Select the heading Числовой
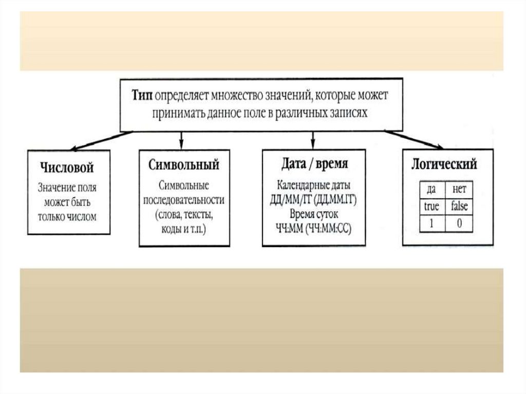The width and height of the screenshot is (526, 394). (68, 168)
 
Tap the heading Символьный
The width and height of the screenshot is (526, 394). (183, 165)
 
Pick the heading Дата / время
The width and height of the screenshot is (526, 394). (314, 164)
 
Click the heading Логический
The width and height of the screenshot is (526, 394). (445, 164)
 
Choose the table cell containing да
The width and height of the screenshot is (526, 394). (431, 189)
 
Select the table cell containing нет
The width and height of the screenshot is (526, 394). (459, 189)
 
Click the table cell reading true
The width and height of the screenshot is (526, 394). (431, 207)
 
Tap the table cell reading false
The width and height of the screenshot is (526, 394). (459, 207)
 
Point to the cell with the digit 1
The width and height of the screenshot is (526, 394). (431, 224)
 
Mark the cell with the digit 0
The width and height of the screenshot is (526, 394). (459, 224)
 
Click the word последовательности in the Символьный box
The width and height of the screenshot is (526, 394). (184, 200)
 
